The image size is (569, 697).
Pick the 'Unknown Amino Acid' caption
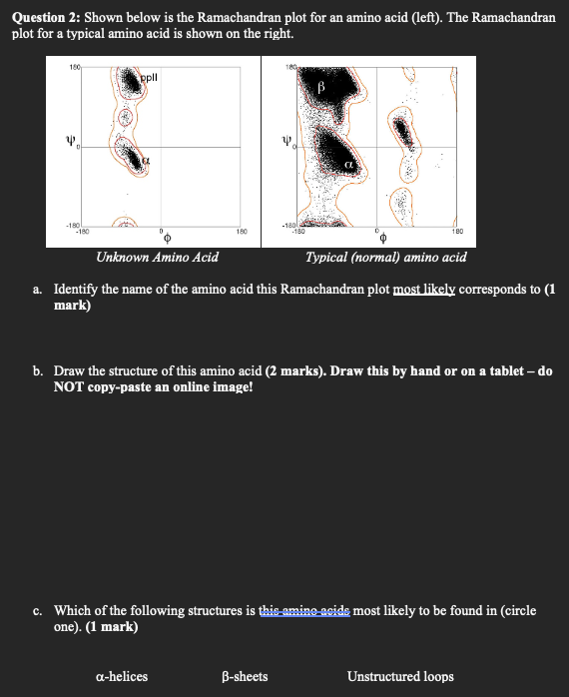[157, 258]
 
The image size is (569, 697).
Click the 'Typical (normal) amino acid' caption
[385, 258]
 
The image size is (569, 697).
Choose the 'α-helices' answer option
[121, 676]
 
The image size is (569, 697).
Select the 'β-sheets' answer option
[244, 676]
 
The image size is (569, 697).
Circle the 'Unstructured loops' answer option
[400, 676]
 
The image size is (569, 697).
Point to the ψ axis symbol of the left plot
[70, 144]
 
